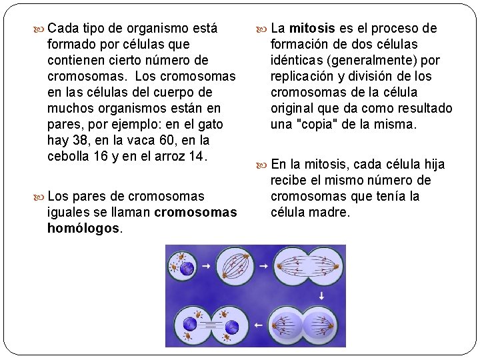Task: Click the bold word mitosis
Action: (312, 29)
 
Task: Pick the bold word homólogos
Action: (83, 229)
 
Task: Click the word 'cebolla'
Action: (69, 157)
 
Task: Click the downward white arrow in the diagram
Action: (321, 295)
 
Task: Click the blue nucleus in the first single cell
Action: (187, 268)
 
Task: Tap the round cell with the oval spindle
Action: (235, 267)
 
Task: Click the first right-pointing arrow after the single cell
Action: (207, 266)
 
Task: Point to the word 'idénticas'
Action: (297, 61)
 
